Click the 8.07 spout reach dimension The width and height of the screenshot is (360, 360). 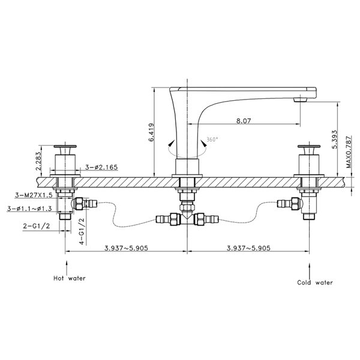coord(244,121)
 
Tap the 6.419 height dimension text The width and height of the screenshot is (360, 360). coord(151,132)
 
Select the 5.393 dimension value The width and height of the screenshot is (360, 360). coord(335,139)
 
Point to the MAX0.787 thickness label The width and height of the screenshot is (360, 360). coord(349,152)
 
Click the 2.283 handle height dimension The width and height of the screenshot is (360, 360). coord(38,161)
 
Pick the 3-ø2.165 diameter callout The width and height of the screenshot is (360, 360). coord(101,167)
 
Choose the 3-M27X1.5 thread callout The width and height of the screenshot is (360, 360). coord(34,195)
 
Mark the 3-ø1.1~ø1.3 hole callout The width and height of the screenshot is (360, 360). coord(29,208)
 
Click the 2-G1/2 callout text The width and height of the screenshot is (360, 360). coord(37,226)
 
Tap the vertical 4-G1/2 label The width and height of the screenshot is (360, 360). coord(82,231)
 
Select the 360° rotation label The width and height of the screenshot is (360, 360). coord(212,139)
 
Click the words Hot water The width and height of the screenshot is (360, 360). coord(70,278)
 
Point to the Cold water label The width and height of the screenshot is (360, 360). coord(315,283)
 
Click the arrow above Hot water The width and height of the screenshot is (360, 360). coord(67,268)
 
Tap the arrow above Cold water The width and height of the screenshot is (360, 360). coord(310,271)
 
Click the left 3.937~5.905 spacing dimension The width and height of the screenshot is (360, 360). coord(126,248)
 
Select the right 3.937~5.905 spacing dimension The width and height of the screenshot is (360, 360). coord(248,248)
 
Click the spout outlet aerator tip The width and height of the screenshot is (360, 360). coord(301,100)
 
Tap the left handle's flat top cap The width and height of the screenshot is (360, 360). coord(65,146)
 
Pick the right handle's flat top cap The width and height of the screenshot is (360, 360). coord(309,146)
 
